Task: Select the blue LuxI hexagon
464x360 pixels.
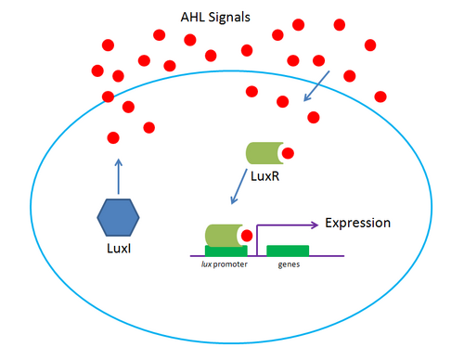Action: pyautogui.click(x=118, y=219)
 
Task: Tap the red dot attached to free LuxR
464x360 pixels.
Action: pyautogui.click(x=289, y=153)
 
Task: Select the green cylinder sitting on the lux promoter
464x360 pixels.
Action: pyautogui.click(x=223, y=235)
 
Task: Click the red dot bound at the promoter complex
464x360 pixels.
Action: pyautogui.click(x=248, y=236)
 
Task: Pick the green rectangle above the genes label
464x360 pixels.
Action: pyautogui.click(x=288, y=250)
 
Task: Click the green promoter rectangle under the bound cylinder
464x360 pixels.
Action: pyautogui.click(x=226, y=251)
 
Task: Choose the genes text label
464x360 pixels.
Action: pyautogui.click(x=289, y=266)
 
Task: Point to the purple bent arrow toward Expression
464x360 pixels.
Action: pyautogui.click(x=278, y=225)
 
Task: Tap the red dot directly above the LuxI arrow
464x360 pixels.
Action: pyautogui.click(x=113, y=137)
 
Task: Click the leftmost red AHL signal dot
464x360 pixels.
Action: pyautogui.click(x=97, y=71)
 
